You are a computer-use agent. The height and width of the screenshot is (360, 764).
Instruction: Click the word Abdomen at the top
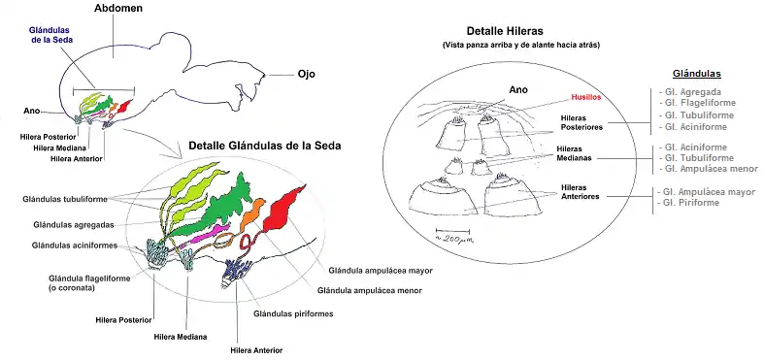[x=119, y=9]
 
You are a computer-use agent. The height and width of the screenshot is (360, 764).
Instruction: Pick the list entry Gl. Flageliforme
[x=701, y=102]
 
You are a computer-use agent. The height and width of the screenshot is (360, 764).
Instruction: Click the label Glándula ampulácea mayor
[x=380, y=271]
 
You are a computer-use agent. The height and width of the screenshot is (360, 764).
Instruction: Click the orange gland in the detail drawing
[x=251, y=213]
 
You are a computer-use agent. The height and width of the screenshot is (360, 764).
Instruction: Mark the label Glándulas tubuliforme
[x=66, y=199]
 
